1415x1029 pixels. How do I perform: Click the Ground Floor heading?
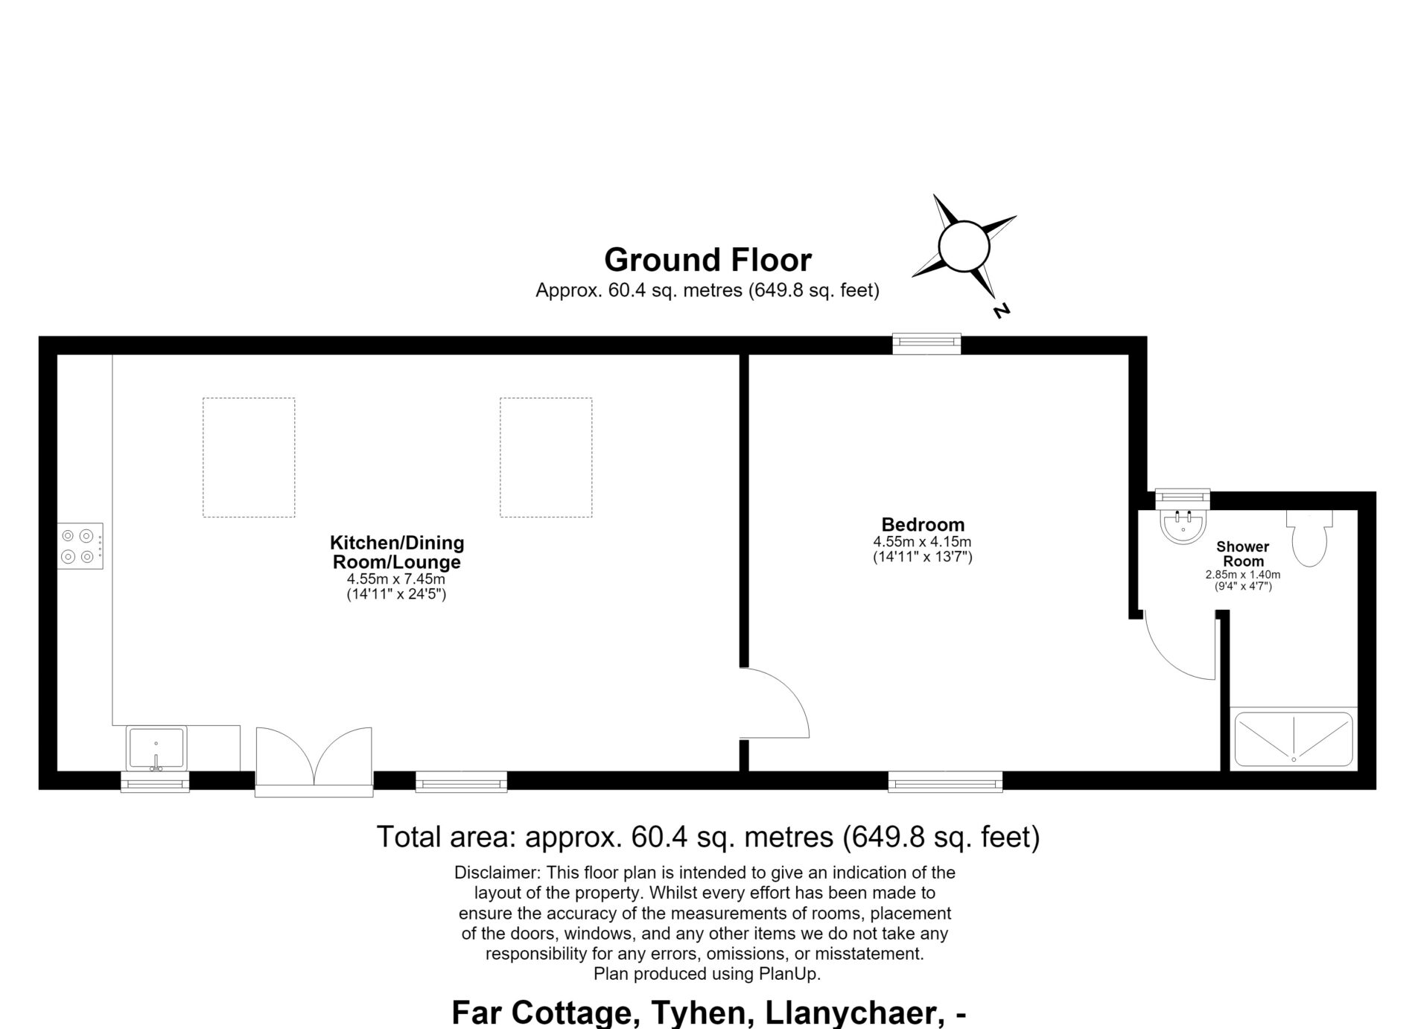click(707, 260)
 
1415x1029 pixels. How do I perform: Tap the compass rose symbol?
click(964, 246)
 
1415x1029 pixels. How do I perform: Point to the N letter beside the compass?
click(1002, 310)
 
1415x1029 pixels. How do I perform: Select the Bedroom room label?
click(923, 524)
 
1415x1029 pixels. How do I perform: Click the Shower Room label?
click(1243, 554)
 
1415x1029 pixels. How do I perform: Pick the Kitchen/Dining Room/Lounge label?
click(397, 552)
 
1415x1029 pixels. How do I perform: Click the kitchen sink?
click(156, 748)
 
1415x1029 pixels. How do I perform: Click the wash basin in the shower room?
click(1183, 526)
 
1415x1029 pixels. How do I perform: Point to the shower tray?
click(1294, 739)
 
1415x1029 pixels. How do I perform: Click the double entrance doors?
click(314, 762)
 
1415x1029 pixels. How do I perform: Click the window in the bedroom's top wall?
click(927, 343)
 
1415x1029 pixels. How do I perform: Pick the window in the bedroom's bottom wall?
click(945, 781)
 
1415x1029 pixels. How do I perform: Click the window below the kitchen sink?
click(155, 782)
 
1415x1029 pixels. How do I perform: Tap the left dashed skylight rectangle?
click(249, 457)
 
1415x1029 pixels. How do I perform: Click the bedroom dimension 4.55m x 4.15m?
click(923, 542)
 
